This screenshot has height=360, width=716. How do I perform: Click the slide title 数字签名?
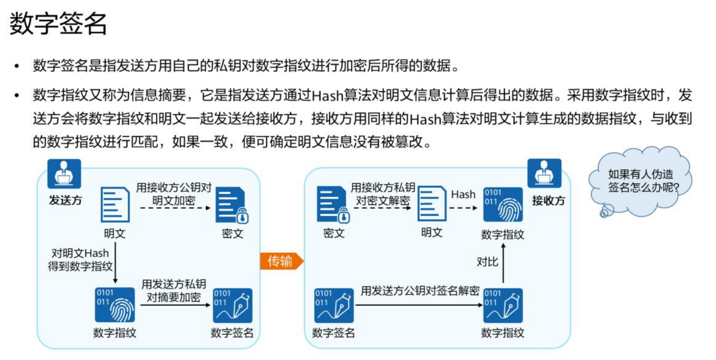58,23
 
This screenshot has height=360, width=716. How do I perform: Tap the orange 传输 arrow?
281,261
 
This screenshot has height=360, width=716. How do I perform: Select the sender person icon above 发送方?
64,173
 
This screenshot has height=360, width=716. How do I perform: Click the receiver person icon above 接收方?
544,173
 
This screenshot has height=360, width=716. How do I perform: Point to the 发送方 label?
65,200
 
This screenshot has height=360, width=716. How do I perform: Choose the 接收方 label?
548,201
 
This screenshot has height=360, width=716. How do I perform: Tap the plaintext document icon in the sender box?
115,204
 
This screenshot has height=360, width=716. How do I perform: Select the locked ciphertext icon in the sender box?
232,205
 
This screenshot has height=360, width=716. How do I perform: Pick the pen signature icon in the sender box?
232,306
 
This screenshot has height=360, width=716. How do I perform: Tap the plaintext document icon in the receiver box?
432,204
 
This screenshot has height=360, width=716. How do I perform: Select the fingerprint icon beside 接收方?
503,204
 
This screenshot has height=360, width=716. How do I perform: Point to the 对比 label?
487,262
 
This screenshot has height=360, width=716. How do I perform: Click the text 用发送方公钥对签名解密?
420,291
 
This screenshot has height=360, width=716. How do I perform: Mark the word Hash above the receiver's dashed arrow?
463,195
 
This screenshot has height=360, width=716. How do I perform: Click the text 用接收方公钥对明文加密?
174,194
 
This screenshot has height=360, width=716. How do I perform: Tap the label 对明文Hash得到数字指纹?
80,260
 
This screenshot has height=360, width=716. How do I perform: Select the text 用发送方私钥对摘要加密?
174,290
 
